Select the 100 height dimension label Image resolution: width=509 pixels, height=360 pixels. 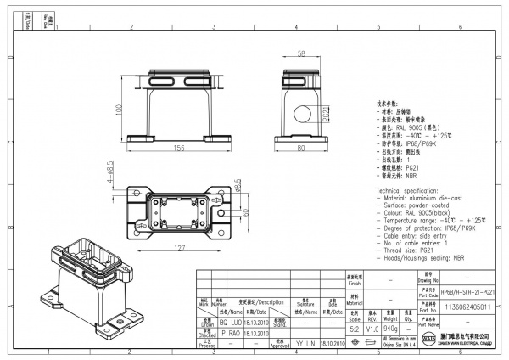tap(119, 110)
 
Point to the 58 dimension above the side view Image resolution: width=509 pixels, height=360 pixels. tap(302, 53)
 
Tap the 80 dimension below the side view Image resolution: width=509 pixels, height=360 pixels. tap(302, 149)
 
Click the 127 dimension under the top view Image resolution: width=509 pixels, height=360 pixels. tap(180, 249)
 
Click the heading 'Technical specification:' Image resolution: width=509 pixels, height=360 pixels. tap(408, 192)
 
